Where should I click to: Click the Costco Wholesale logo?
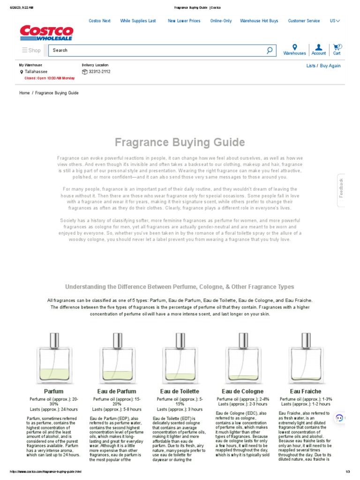46,33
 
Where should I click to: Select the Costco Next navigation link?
99,21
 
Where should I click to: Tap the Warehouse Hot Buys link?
259,21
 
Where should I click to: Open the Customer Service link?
304,21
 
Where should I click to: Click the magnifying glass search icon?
270,50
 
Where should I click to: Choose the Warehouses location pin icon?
294,47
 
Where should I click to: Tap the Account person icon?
319,47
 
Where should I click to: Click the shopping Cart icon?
337,47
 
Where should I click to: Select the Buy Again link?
330,66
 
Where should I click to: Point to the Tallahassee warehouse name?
36,72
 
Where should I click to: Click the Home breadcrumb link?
24,93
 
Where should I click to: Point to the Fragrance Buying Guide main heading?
180,142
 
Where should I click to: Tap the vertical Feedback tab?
341,187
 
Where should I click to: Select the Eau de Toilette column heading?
180,391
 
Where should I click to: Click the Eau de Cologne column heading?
242,391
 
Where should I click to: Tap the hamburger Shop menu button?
31,50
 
